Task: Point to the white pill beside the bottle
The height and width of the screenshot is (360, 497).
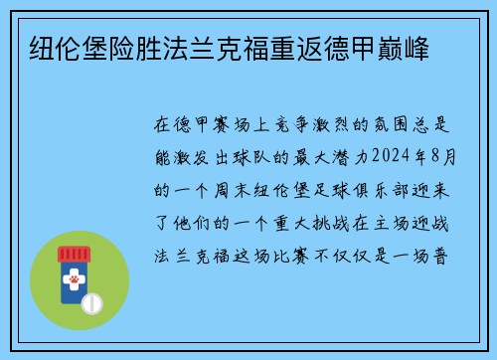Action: [x=93, y=301]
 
